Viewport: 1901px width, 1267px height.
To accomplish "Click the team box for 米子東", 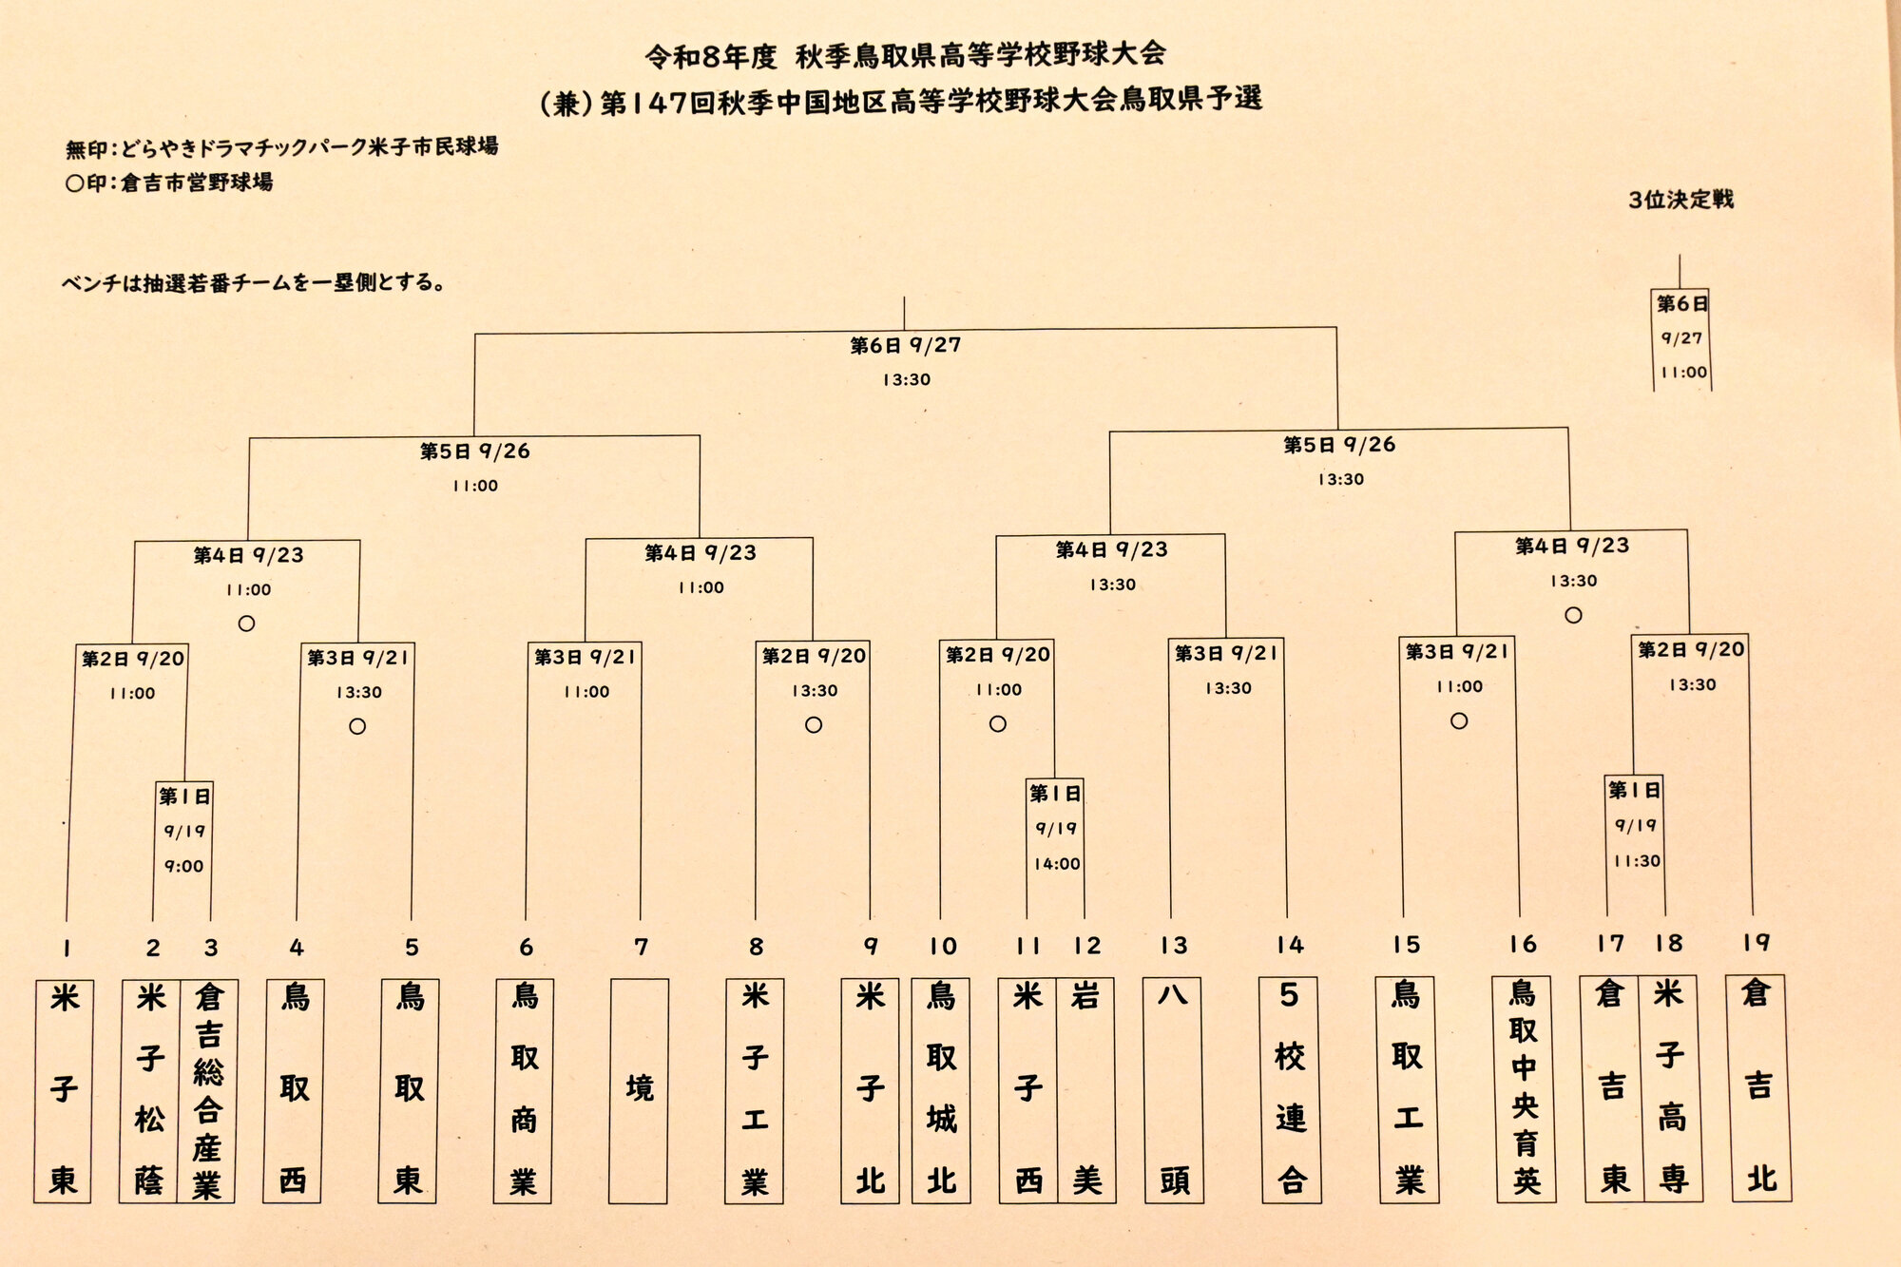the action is (x=64, y=1091).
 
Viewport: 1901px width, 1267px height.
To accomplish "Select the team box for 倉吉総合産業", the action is (x=207, y=1091).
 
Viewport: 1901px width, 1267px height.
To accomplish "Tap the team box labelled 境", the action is (x=639, y=1091).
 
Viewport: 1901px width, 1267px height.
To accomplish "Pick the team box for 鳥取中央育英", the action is (x=1524, y=1089).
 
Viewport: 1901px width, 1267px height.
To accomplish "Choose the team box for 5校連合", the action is (x=1290, y=1090).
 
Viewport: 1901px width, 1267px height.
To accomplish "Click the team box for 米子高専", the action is (x=1671, y=1088).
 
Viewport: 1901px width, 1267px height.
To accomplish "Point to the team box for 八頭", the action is (x=1174, y=1090).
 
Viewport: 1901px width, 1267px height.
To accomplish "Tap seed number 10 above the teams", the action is (x=943, y=947).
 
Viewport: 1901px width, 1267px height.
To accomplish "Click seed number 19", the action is (x=1757, y=943).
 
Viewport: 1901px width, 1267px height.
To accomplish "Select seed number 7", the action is (x=642, y=948).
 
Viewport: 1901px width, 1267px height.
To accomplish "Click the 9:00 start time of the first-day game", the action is (x=183, y=866).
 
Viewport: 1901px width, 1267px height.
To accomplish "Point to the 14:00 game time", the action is (x=1057, y=864).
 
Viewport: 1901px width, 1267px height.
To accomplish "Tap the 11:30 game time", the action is (x=1637, y=861).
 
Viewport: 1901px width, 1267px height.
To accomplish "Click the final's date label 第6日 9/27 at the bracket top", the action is (x=905, y=345).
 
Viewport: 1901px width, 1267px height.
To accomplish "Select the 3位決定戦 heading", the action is (x=1680, y=200).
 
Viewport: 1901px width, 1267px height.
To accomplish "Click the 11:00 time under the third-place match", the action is (x=1683, y=373).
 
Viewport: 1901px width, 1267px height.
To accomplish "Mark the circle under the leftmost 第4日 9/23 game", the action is (x=246, y=624).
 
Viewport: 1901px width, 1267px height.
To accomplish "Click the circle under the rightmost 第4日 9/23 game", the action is (x=1573, y=615).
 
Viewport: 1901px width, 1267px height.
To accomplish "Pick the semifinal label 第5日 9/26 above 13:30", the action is (x=1339, y=445).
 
